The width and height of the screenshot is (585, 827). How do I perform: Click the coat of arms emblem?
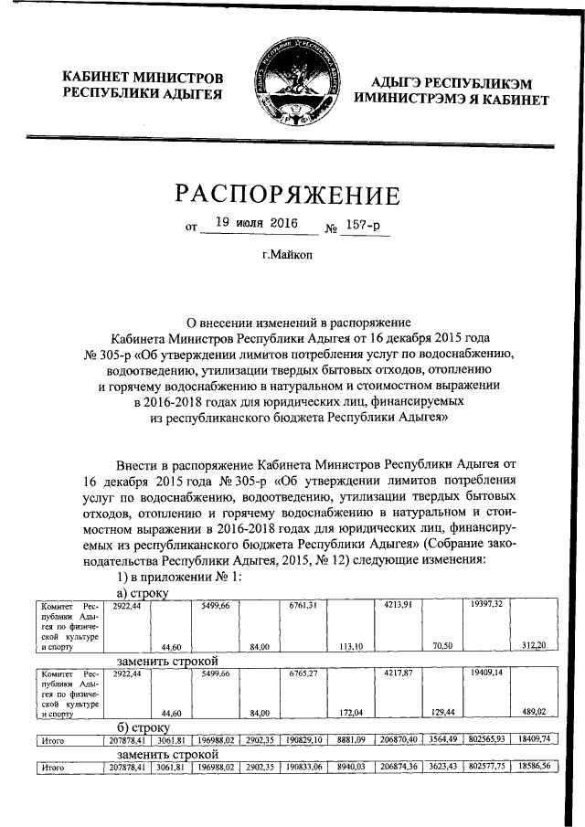(292, 85)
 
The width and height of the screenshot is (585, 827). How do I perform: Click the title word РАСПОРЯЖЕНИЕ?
(292, 196)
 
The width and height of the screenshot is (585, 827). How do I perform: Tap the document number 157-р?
(364, 224)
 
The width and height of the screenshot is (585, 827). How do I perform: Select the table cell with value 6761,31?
(303, 605)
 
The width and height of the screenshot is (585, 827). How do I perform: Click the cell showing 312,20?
(533, 646)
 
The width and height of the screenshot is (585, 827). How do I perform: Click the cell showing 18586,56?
(533, 768)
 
